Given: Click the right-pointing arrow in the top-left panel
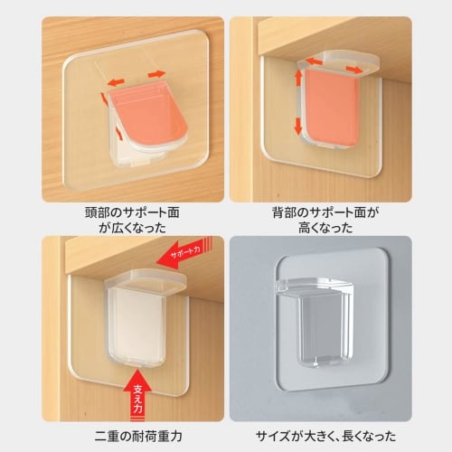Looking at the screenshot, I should (158, 72).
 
